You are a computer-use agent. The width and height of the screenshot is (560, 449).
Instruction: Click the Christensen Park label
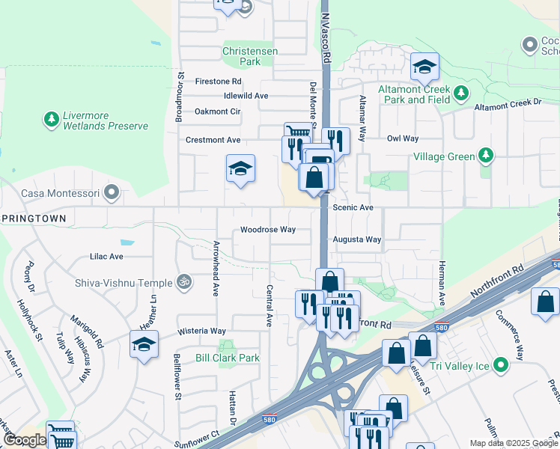[252, 56]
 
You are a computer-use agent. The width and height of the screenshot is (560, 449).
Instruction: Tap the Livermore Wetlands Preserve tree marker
[52, 119]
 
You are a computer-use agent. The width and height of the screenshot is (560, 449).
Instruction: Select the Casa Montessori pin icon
[112, 193]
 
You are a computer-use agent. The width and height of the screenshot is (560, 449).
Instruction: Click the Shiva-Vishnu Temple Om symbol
[184, 282]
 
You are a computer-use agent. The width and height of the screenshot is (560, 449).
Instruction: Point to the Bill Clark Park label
[228, 358]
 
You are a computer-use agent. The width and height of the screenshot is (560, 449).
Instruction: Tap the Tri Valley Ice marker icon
[499, 366]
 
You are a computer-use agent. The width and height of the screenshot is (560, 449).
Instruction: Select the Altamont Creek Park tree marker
[461, 94]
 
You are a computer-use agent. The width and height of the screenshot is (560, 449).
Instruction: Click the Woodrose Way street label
[268, 230]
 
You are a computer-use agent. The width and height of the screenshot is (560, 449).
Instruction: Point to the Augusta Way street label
[357, 239]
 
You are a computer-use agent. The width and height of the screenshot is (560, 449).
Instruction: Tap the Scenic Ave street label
[353, 207]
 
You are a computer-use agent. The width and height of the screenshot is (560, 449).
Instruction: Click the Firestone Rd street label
[218, 81]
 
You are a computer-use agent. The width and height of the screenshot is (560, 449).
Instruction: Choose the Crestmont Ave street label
[213, 140]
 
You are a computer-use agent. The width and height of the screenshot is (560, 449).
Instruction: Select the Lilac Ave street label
[106, 256]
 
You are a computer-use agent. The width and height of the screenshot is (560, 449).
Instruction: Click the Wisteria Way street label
[201, 331]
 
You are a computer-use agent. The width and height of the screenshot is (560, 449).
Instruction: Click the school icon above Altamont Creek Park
[424, 68]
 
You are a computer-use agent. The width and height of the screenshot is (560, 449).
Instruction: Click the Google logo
[25, 440]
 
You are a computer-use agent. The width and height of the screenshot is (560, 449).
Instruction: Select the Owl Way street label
[403, 138]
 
